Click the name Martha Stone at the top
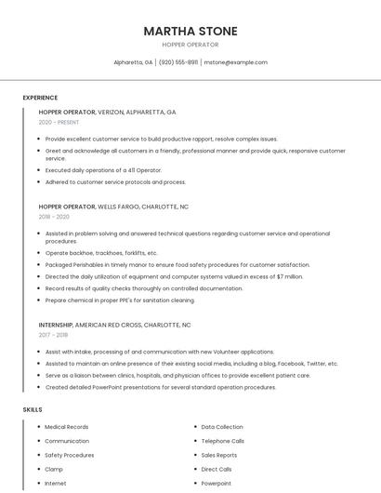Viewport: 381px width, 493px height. coord(190,31)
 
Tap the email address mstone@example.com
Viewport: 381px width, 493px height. coord(235,62)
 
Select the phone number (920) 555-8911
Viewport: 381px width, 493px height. coord(178,62)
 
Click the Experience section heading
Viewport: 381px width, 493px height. coord(40,98)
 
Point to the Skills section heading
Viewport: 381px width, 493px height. coord(33,409)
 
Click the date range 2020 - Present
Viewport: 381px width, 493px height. coord(59,122)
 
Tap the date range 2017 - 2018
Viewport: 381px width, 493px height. coord(54,335)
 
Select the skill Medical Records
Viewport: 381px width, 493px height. coord(67,427)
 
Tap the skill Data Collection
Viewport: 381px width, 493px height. coord(222,427)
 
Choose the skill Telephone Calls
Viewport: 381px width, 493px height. coord(223,441)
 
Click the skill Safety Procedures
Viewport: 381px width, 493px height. coord(70,455)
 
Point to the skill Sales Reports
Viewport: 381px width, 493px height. coord(219,455)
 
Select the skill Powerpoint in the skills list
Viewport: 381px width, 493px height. coord(217,484)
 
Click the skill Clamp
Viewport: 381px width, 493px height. coord(54,470)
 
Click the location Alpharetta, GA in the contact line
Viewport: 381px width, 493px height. coord(133,62)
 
